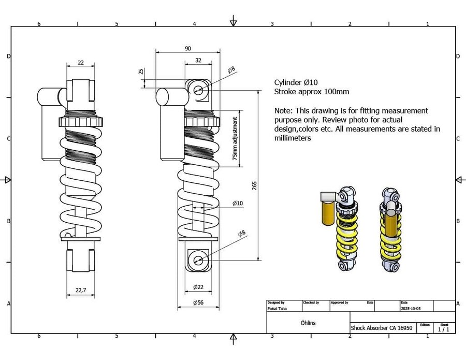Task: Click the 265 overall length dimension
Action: click(254, 186)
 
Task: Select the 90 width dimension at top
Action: click(187, 48)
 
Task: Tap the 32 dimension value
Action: click(198, 60)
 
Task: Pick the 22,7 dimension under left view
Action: click(80, 290)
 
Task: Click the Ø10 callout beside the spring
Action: click(237, 203)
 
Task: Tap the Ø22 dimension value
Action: click(198, 287)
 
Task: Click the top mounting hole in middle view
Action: click(198, 90)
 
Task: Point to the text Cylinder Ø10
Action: click(296, 82)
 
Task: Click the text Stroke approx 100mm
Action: click(311, 92)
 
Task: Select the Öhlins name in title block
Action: click(308, 323)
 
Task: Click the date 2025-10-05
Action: click(411, 308)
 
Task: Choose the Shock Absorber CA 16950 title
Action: click(381, 328)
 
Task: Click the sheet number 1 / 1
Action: click(444, 329)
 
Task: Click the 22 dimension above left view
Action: click(81, 62)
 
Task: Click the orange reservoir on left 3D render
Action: click(327, 212)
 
